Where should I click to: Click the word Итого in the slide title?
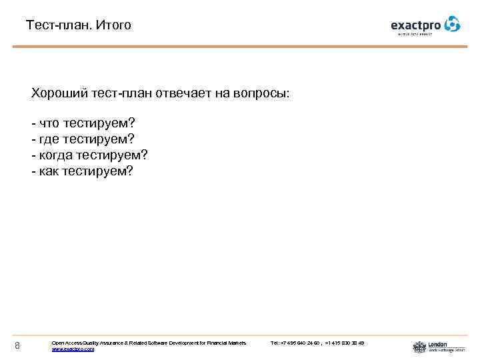click(114, 25)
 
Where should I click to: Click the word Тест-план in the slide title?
click(59, 25)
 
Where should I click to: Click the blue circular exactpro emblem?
click(452, 24)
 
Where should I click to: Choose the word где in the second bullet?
click(49, 139)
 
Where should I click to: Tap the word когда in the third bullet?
click(55, 155)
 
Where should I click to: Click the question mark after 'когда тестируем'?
click(144, 155)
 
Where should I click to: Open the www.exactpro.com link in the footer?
click(73, 349)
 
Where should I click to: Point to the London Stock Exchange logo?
click(430, 347)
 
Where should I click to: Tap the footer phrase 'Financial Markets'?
click(227, 343)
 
